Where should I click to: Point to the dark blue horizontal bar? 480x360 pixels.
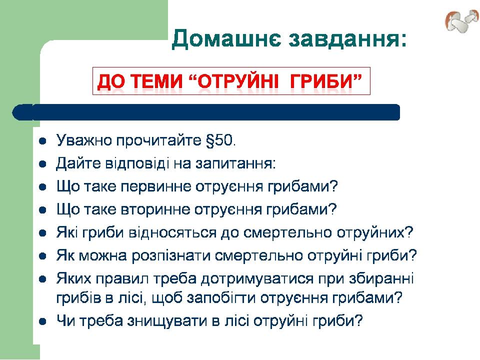pyautogui.click(x=206, y=112)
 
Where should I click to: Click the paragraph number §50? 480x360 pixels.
pyautogui.click(x=220, y=140)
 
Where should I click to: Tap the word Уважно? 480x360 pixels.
pyautogui.click(x=84, y=140)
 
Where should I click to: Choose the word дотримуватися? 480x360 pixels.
pyautogui.click(x=257, y=279)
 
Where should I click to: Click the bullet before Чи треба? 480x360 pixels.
pyautogui.click(x=42, y=321)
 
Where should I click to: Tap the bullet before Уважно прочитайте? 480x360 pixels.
pyautogui.click(x=42, y=141)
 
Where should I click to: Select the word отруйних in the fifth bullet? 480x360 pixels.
pyautogui.click(x=375, y=233)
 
